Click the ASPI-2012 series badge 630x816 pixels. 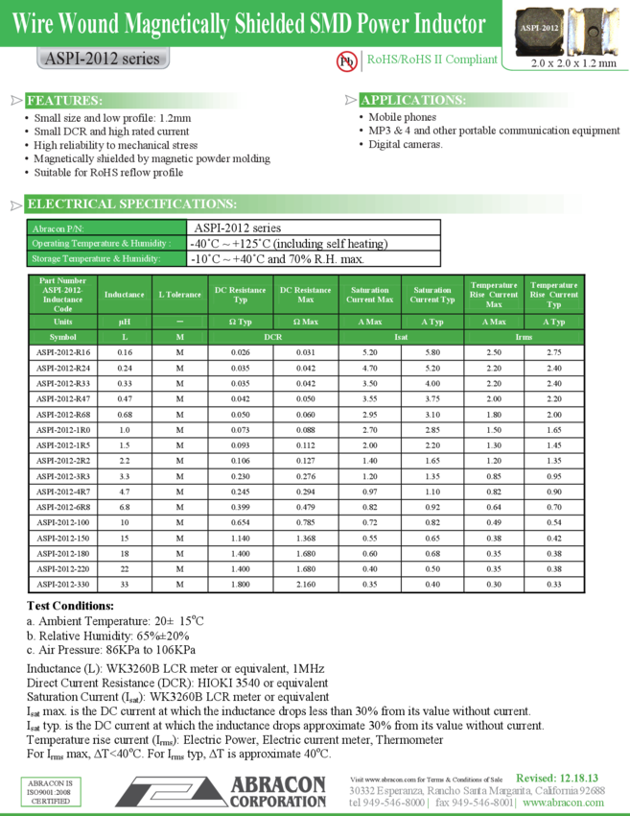102,59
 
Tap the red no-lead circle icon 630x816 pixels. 346,60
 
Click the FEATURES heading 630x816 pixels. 64,101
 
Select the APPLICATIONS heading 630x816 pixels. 413,101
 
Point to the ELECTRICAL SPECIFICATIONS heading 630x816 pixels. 131,204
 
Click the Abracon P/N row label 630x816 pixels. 58,228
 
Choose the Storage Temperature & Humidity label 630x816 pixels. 95,258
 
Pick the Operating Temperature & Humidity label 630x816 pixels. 101,244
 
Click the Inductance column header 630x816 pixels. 124,295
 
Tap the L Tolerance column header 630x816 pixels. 179,295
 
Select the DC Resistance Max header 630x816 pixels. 306,295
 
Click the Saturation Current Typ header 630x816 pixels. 432,295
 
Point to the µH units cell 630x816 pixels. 124,322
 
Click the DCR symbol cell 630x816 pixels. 273,337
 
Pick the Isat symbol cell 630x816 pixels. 401,337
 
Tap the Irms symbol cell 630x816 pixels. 524,337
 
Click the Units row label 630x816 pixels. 63,322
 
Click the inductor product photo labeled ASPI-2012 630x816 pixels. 539,30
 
